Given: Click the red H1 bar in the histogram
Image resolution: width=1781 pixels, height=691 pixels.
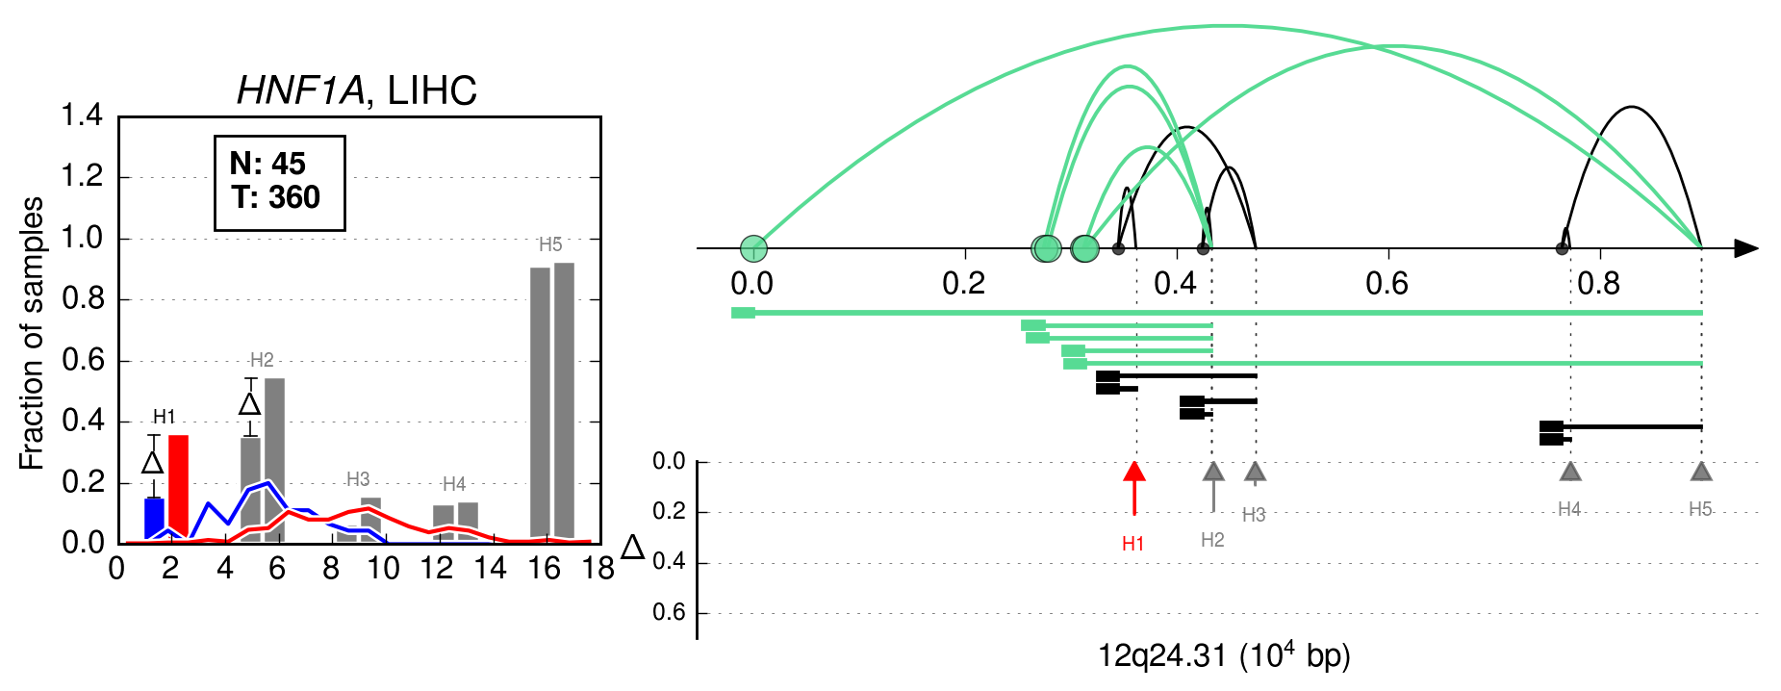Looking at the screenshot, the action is [178, 488].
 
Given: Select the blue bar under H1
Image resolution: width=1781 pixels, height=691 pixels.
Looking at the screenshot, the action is [154, 520].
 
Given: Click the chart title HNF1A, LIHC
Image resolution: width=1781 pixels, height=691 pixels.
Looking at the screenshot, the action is [357, 90].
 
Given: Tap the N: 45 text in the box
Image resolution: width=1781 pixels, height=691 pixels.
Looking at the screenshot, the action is [267, 164].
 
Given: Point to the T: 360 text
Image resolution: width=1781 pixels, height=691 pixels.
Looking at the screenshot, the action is [275, 197].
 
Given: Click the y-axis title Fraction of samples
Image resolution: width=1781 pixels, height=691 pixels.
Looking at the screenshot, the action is [32, 333].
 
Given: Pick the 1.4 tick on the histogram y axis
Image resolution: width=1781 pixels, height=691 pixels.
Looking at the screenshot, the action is [82, 115].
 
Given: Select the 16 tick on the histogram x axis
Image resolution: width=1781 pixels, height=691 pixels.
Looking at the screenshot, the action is [544, 569].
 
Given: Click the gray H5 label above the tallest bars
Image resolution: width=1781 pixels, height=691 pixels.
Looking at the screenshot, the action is [550, 244].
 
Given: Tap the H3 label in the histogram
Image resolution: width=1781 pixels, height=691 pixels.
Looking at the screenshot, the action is [358, 479].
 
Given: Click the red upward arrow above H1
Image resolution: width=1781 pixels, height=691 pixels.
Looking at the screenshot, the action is [1135, 488].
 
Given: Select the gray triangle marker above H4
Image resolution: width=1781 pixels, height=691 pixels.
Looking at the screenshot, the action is [1570, 472].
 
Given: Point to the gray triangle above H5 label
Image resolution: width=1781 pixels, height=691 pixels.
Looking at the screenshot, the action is [1701, 472].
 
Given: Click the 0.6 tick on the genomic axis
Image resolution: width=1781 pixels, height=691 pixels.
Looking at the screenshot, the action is [1387, 283].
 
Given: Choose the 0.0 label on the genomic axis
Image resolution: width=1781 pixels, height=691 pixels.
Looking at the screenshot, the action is [751, 283].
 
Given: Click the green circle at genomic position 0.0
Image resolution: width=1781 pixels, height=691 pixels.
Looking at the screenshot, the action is [754, 248].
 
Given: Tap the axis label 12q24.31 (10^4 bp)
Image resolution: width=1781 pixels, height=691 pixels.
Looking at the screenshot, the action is [1224, 656].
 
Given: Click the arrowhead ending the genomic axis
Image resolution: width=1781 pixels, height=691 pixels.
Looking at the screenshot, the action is [1746, 248].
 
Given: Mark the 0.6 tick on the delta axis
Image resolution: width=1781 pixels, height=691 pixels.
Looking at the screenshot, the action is [669, 612].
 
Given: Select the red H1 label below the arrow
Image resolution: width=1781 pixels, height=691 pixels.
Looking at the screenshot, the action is [1133, 544].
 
